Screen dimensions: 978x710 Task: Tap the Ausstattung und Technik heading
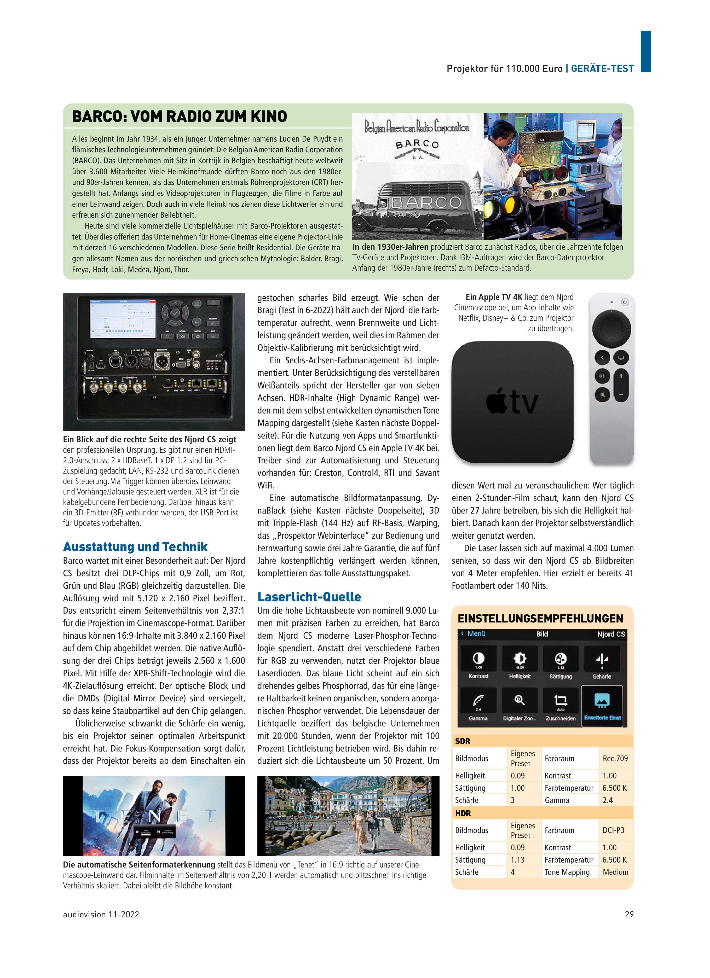point(135,547)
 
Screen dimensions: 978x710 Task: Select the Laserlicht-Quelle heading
point(309,597)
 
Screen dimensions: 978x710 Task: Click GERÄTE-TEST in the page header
point(602,68)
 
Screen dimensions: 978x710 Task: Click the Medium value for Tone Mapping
point(615,872)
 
